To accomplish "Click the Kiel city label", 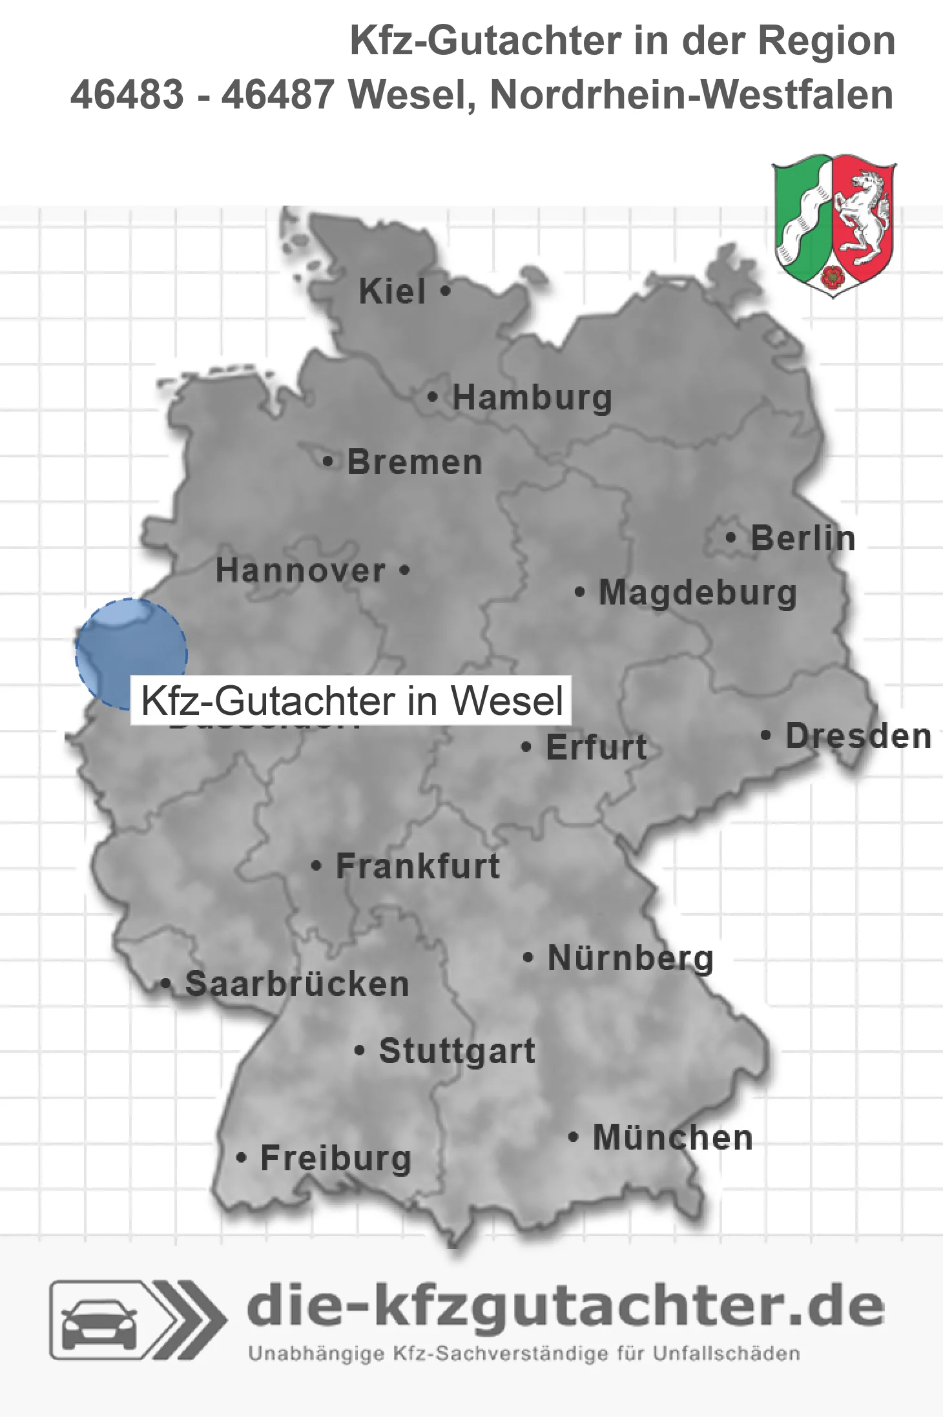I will point(392,292).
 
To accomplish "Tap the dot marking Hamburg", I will point(433,397).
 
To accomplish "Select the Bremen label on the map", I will point(414,462).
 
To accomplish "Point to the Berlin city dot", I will point(731,537).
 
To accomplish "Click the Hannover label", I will point(300,571).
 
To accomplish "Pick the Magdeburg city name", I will point(698,593).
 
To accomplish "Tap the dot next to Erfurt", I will point(526,747).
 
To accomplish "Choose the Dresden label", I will point(858,736).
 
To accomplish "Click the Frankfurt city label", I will point(418,866).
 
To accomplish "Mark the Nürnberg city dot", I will point(528,957).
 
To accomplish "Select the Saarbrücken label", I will point(297,984).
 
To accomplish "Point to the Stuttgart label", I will point(457,1051).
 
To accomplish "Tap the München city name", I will point(673,1137).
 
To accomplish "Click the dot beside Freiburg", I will point(242,1158).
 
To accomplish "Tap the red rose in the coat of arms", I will point(833,276).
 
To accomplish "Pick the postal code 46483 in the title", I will point(127,95).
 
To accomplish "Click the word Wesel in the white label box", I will point(507,701).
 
